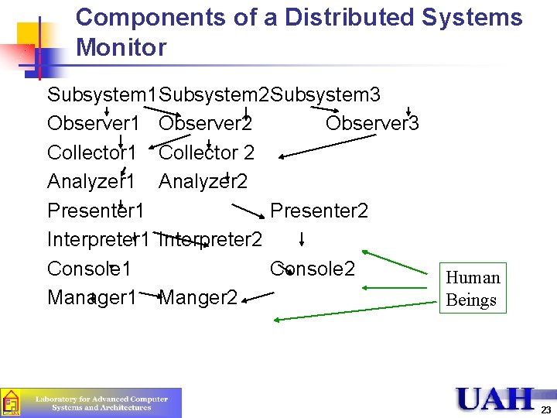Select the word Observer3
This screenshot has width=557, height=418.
(372, 124)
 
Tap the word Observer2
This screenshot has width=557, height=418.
(205, 124)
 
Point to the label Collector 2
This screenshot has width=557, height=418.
(207, 152)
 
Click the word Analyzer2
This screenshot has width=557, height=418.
(203, 181)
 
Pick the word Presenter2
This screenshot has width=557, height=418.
(319, 211)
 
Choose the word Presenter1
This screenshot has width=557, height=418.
(96, 211)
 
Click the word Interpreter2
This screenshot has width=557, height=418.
(210, 239)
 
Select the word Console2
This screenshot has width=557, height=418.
(313, 269)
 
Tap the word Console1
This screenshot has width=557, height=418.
(89, 269)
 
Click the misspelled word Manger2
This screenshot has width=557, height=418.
(198, 297)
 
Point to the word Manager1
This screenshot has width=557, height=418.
(92, 297)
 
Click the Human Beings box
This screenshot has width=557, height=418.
(473, 289)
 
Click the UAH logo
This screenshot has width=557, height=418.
(494, 399)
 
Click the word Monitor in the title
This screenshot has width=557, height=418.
(121, 48)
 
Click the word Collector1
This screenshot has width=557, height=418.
(92, 152)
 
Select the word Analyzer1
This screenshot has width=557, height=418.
(91, 181)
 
